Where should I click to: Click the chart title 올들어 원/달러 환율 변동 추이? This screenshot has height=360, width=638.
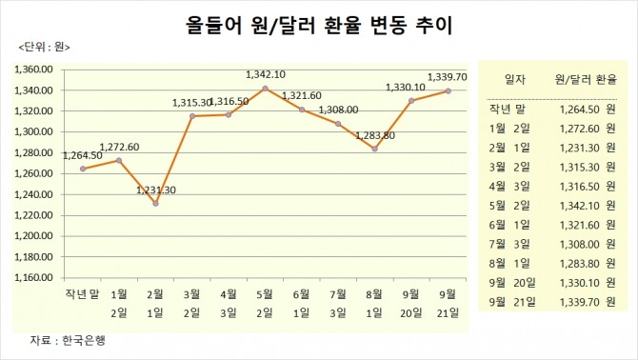(x=319, y=23)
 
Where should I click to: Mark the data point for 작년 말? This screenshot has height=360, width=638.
(x=83, y=169)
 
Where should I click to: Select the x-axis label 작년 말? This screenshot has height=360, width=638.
(x=83, y=295)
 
